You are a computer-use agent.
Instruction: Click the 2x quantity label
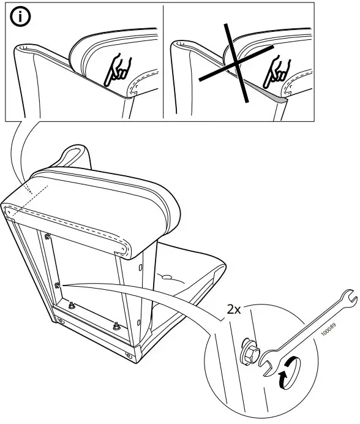234,310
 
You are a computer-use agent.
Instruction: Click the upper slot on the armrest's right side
141,268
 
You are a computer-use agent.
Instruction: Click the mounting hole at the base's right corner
128,354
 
